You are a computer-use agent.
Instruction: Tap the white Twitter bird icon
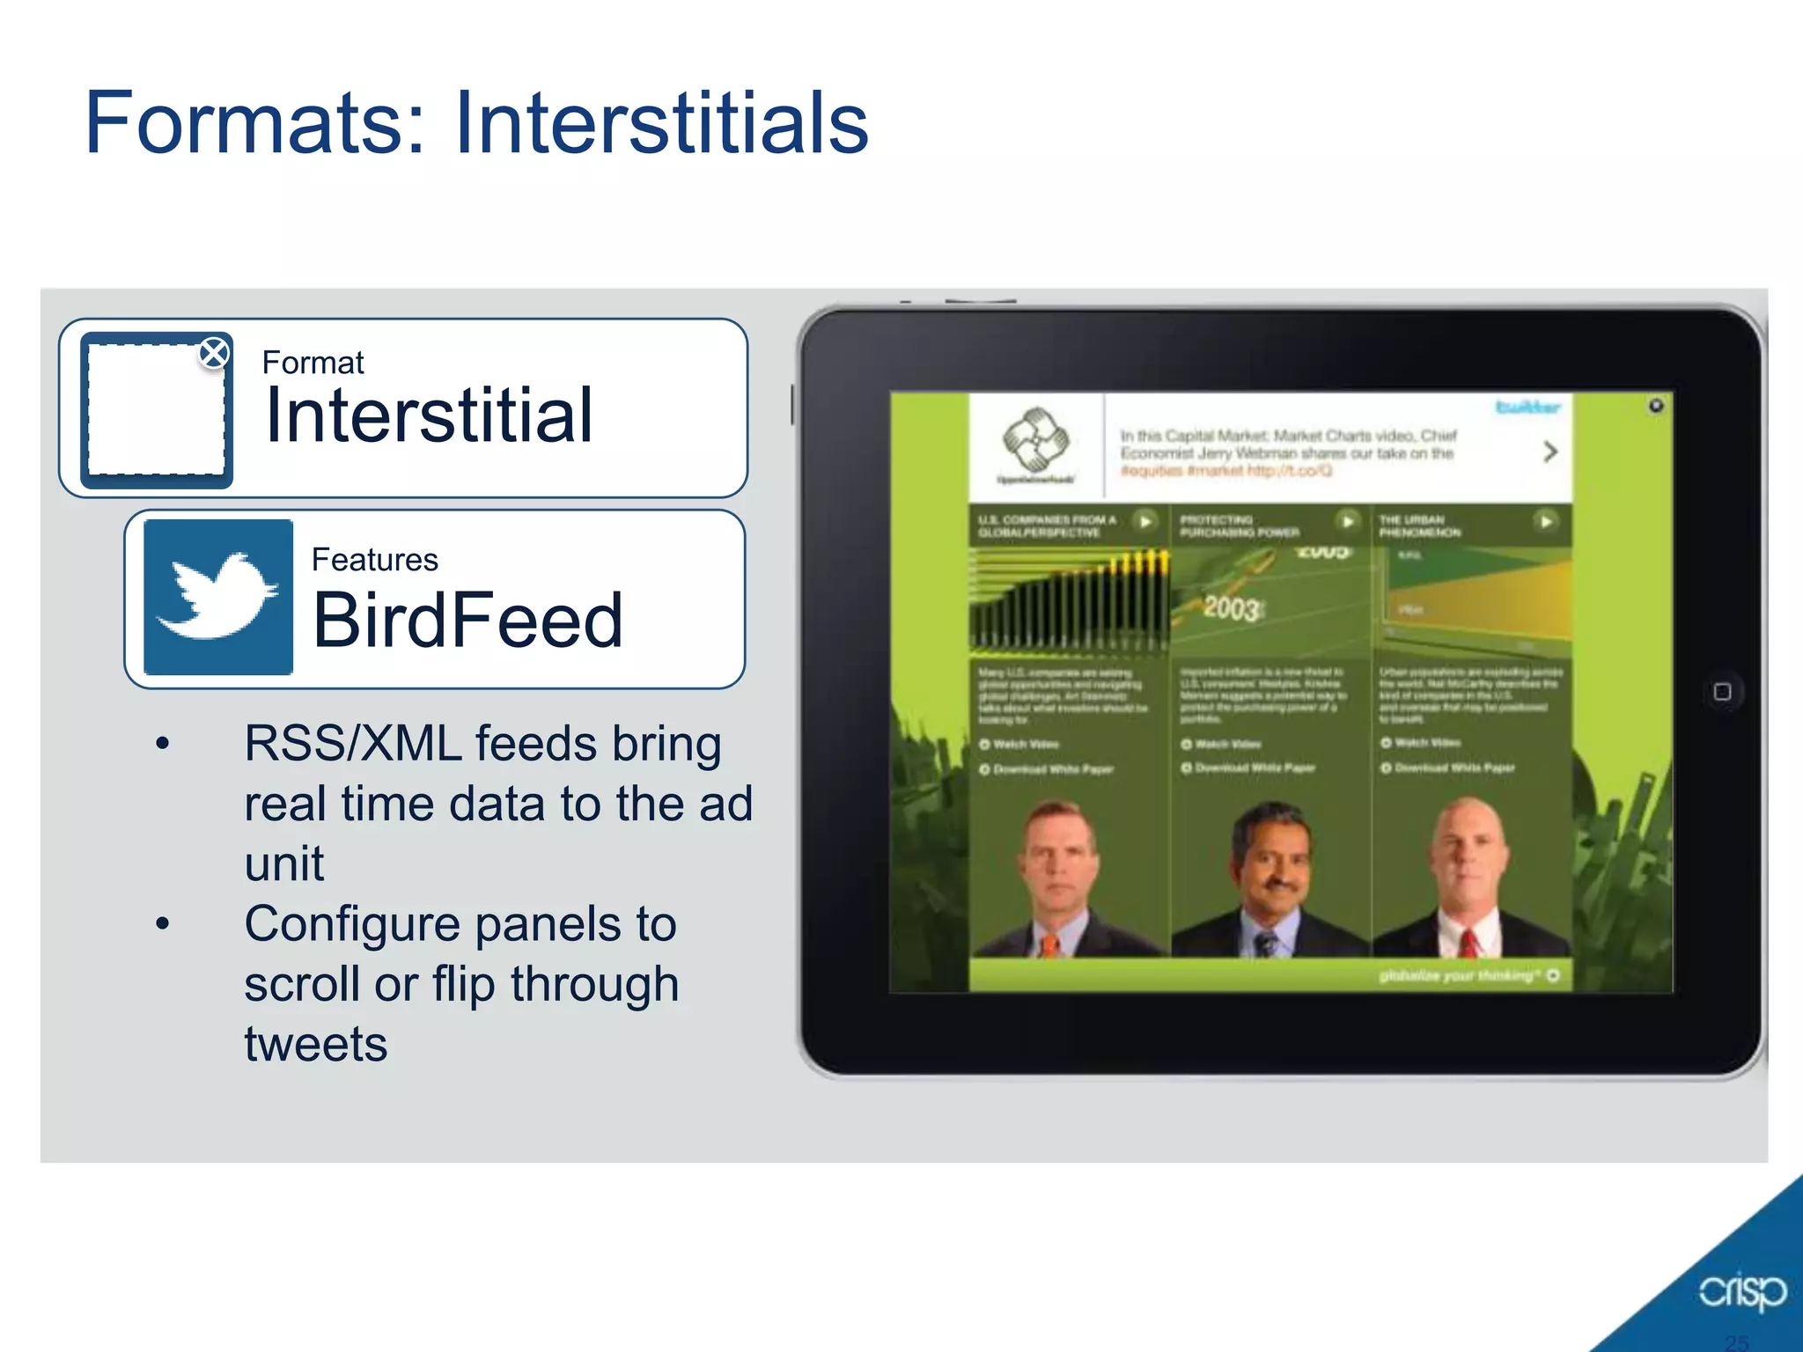(217, 596)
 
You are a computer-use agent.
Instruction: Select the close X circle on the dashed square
(214, 354)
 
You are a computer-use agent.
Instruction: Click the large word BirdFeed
(467, 621)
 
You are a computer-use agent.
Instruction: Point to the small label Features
(374, 560)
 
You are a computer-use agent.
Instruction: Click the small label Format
(313, 363)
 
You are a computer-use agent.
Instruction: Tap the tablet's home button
(1722, 692)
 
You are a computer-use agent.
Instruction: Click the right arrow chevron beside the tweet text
(1550, 452)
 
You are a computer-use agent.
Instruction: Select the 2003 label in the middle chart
(1232, 607)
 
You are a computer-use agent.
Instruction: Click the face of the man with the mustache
(1271, 858)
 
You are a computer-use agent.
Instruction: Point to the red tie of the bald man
(1468, 943)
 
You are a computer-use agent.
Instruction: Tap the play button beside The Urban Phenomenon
(1545, 521)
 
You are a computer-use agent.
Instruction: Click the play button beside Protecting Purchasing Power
(1347, 521)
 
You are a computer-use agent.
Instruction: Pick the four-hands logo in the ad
(1036, 439)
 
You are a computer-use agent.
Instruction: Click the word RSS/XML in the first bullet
(353, 744)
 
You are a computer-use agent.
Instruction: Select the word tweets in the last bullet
(316, 1045)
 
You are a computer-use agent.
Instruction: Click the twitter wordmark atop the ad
(1527, 407)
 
